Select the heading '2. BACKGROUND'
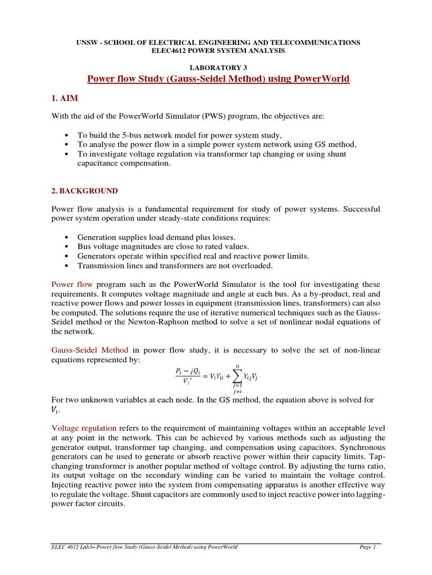(84, 191)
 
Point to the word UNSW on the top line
(87, 42)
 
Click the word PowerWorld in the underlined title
(321, 79)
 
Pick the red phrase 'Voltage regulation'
(85, 426)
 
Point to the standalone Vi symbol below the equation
(56, 409)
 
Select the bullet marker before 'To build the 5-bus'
(66, 135)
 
